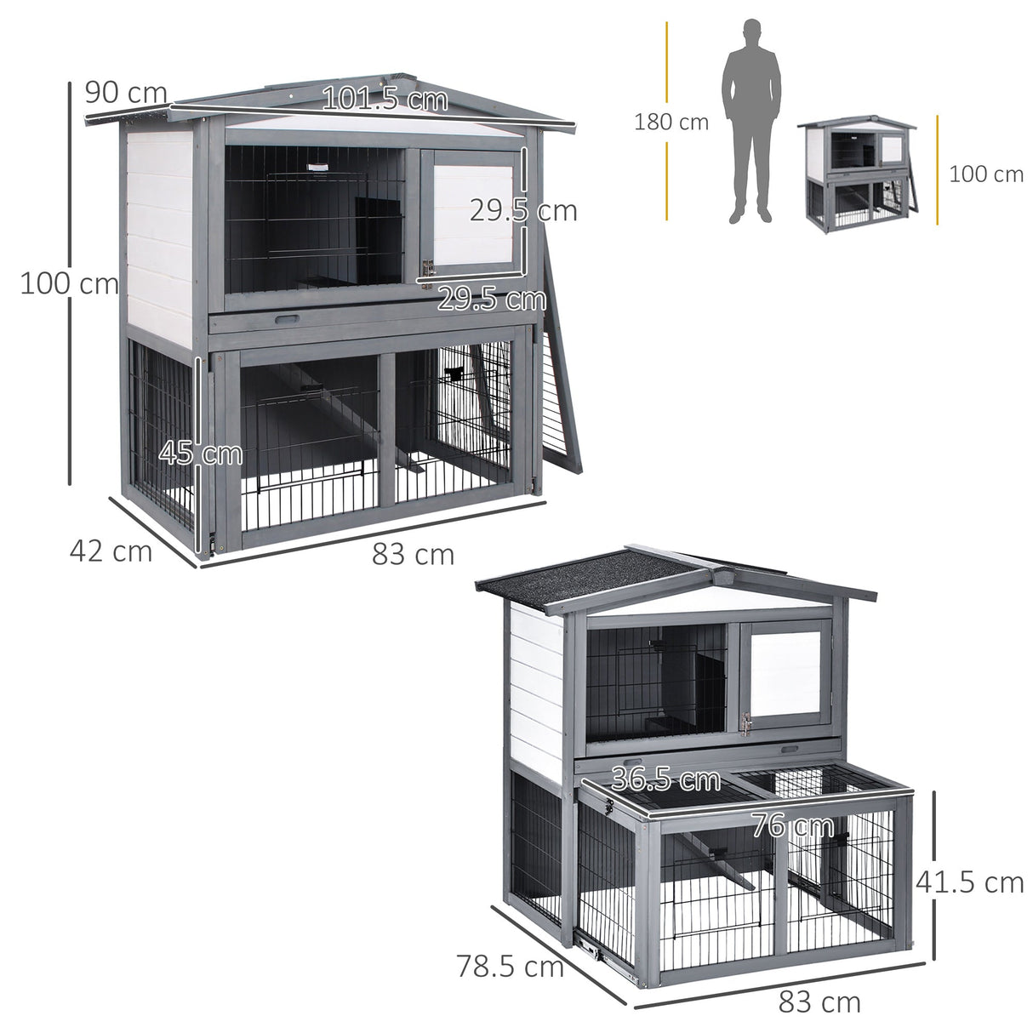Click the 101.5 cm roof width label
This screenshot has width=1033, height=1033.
[x=385, y=100]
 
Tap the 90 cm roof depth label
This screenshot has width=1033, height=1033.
[x=125, y=92]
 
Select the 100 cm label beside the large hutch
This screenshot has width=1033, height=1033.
[x=69, y=283]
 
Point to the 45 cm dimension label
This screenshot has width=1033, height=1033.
[x=201, y=453]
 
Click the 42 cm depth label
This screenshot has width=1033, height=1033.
[x=111, y=551]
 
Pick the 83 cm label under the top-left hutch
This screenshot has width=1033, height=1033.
[x=413, y=555]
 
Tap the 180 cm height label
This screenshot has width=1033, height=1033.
[x=671, y=123]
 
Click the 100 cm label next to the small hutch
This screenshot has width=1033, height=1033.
[x=985, y=174]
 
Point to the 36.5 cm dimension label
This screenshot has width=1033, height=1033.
[x=665, y=779]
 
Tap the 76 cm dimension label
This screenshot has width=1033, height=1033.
[x=791, y=825]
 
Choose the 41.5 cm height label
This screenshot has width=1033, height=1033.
[x=969, y=882]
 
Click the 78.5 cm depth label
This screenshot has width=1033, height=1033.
[x=510, y=967]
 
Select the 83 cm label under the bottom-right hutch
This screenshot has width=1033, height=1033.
[x=819, y=1002]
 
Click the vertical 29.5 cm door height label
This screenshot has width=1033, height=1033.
[x=523, y=211]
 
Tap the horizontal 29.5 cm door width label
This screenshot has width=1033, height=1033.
[x=492, y=299]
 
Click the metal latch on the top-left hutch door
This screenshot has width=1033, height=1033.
[x=427, y=268]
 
